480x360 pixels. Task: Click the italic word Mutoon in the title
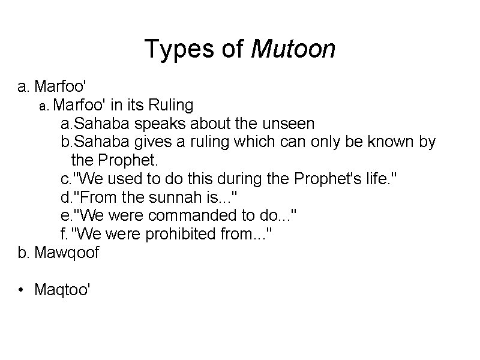click(x=294, y=49)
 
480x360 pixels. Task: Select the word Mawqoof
click(x=67, y=253)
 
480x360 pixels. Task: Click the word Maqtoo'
click(x=63, y=290)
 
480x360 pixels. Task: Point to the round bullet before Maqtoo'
click(x=22, y=291)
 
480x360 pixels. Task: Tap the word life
click(x=379, y=179)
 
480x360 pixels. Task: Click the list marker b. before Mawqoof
click(x=23, y=253)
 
